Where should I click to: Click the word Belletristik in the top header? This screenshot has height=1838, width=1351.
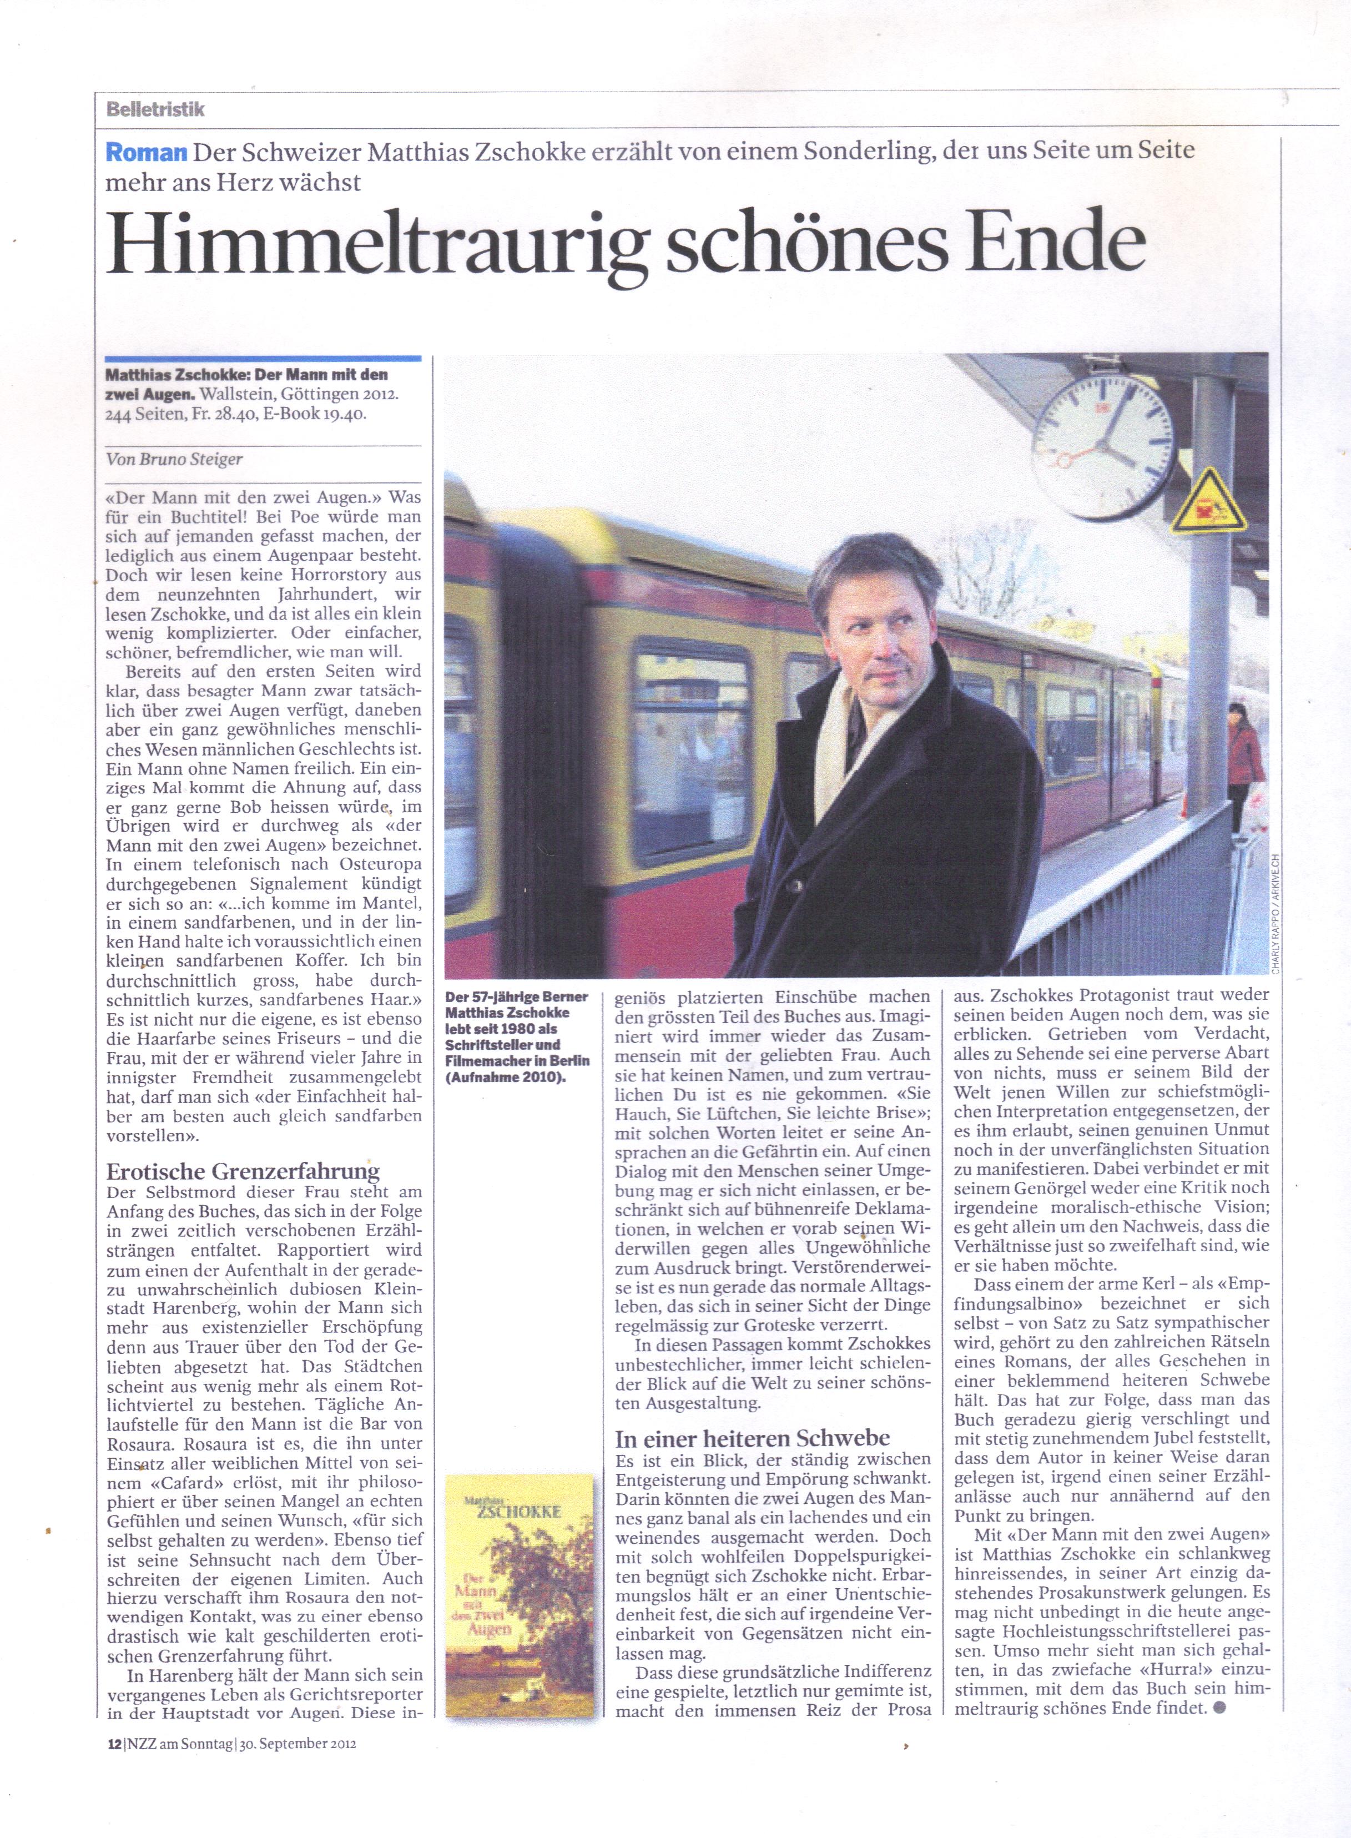(x=154, y=109)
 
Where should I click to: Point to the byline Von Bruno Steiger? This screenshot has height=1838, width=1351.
(x=174, y=460)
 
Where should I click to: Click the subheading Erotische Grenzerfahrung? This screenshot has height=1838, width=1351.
(x=243, y=1171)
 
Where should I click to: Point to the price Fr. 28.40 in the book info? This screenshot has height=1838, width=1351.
(x=223, y=414)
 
